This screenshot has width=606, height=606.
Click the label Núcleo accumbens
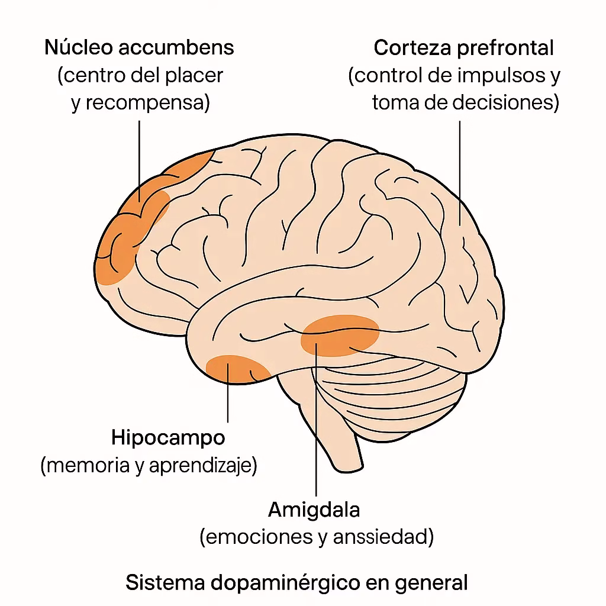139,48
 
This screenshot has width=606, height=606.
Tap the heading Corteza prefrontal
463,48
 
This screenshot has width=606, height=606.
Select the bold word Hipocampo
168,438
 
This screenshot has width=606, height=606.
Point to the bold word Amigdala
314,510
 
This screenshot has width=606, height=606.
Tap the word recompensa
148,104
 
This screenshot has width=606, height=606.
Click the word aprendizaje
202,466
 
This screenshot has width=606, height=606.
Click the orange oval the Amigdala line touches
340,334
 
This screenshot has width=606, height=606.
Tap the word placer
200,76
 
